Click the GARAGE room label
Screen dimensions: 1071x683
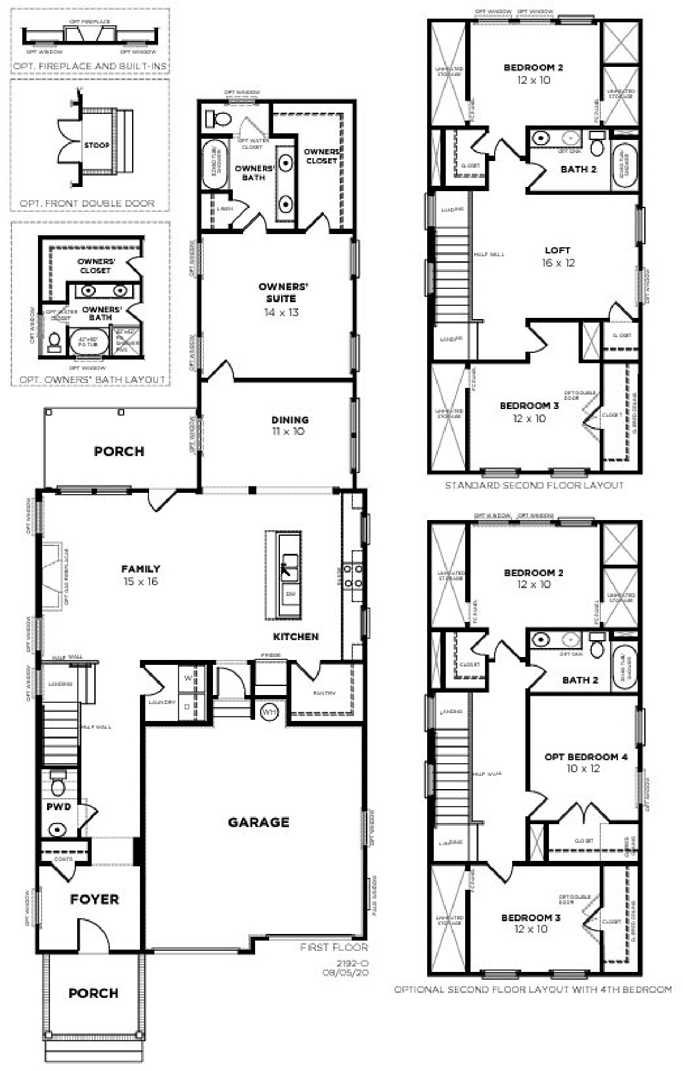point(258,822)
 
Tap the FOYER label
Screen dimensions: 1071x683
point(94,899)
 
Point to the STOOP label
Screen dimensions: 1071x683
point(97,145)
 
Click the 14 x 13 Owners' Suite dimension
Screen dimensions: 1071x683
point(281,313)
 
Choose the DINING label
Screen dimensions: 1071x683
point(290,420)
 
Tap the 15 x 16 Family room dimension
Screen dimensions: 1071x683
point(141,582)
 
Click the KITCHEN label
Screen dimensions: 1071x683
point(296,637)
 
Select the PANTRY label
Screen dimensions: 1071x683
point(324,693)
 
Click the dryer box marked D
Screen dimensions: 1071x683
point(187,706)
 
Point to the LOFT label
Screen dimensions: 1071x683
point(558,250)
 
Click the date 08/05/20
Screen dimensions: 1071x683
point(345,972)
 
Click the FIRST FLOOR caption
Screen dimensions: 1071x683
point(334,948)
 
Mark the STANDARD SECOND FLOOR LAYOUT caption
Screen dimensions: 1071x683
point(534,486)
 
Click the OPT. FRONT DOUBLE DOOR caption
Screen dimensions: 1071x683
point(87,203)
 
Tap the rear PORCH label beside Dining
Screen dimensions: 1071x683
point(119,451)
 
